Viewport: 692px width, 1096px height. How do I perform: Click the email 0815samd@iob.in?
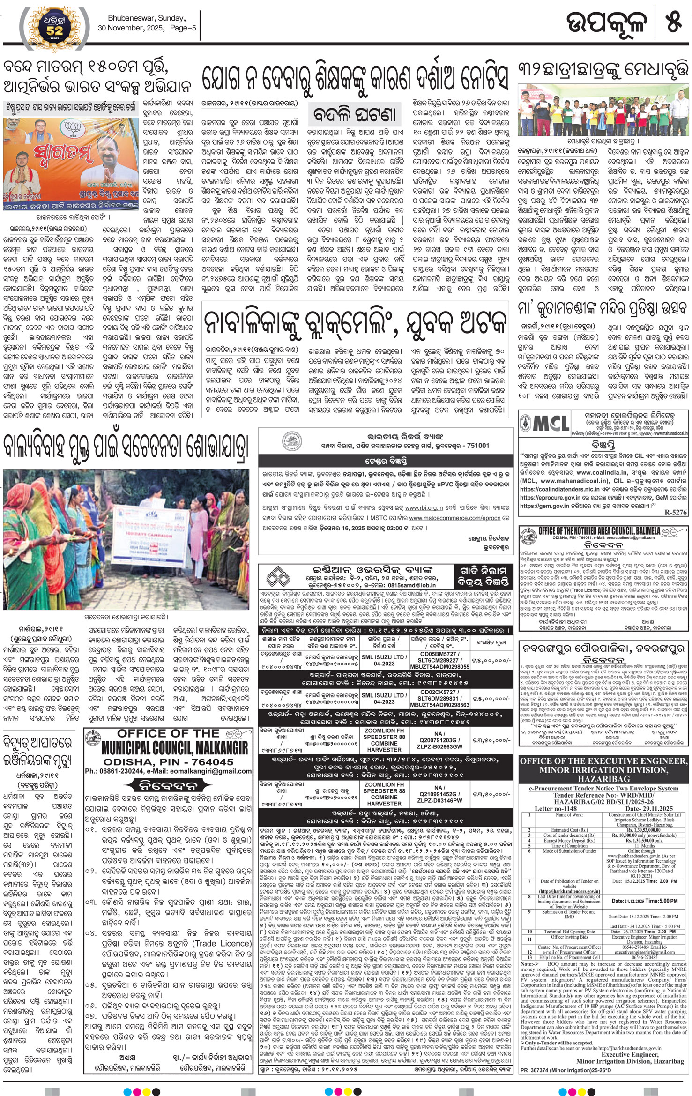(406, 585)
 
